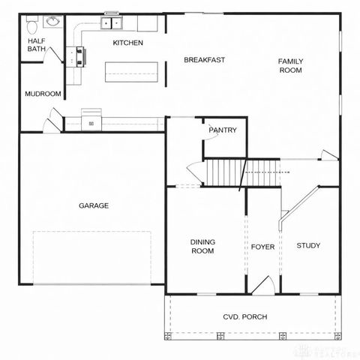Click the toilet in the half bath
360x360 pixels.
click(31, 26)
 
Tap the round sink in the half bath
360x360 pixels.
click(53, 22)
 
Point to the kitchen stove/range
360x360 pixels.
click(77, 56)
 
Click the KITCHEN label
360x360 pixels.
click(127, 43)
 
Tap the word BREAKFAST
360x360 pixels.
click(205, 60)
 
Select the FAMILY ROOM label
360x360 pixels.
click(290, 65)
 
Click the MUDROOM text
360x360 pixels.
click(42, 94)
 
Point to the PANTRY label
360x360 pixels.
click(223, 130)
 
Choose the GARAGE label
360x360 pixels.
click(94, 205)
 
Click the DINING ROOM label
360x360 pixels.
click(202, 246)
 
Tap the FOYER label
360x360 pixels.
click(262, 246)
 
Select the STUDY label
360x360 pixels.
click(308, 245)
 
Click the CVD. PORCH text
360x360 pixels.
click(244, 316)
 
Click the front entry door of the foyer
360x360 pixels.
click(262, 286)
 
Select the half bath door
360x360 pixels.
click(55, 55)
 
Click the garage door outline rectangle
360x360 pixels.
click(91, 257)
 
